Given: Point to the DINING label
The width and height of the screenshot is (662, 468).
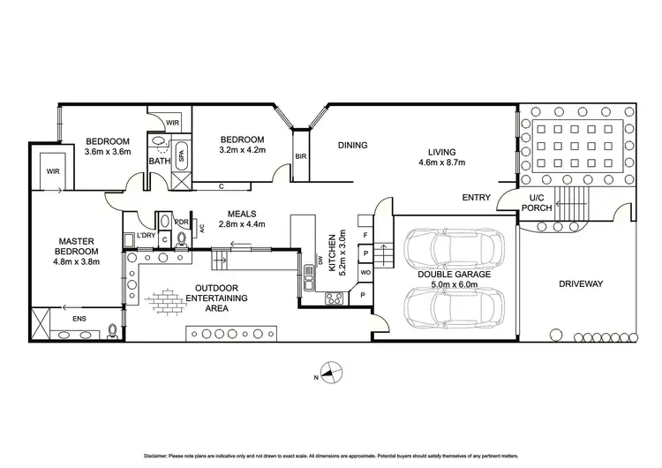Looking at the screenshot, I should tap(351, 145).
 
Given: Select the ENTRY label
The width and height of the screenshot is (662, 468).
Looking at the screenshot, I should tap(477, 198).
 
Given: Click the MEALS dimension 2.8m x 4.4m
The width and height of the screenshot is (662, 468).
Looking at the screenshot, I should tap(242, 226).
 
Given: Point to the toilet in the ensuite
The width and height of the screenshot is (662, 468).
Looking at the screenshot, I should tap(112, 331).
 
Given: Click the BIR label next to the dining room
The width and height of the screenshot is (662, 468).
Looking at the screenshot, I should tap(301, 156).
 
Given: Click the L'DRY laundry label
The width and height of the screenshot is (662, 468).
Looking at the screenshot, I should tap(147, 237).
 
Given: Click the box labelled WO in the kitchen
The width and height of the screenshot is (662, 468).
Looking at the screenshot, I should tap(365, 273).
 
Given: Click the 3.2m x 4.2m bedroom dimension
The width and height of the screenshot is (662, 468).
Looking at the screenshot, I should tap(242, 151).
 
